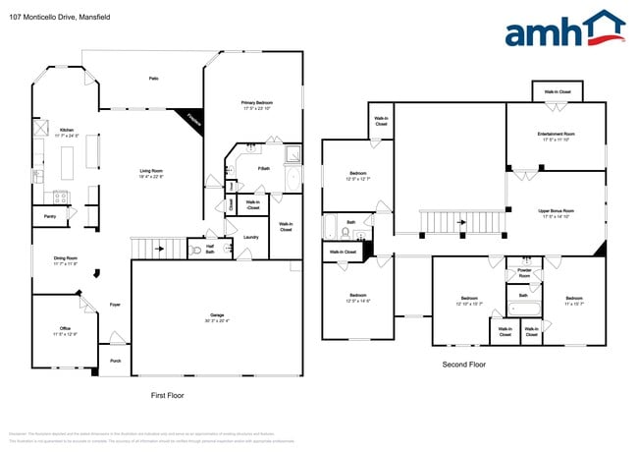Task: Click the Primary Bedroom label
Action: click(x=257, y=104)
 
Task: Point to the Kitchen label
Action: click(x=66, y=131)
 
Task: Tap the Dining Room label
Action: click(x=66, y=260)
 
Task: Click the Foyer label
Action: click(x=115, y=306)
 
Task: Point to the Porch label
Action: click(x=115, y=361)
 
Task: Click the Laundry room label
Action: click(x=251, y=237)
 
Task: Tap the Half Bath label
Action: click(x=210, y=250)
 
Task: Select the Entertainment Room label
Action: click(x=556, y=136)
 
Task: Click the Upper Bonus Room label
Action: click(x=556, y=211)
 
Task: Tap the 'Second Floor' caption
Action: click(x=463, y=365)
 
